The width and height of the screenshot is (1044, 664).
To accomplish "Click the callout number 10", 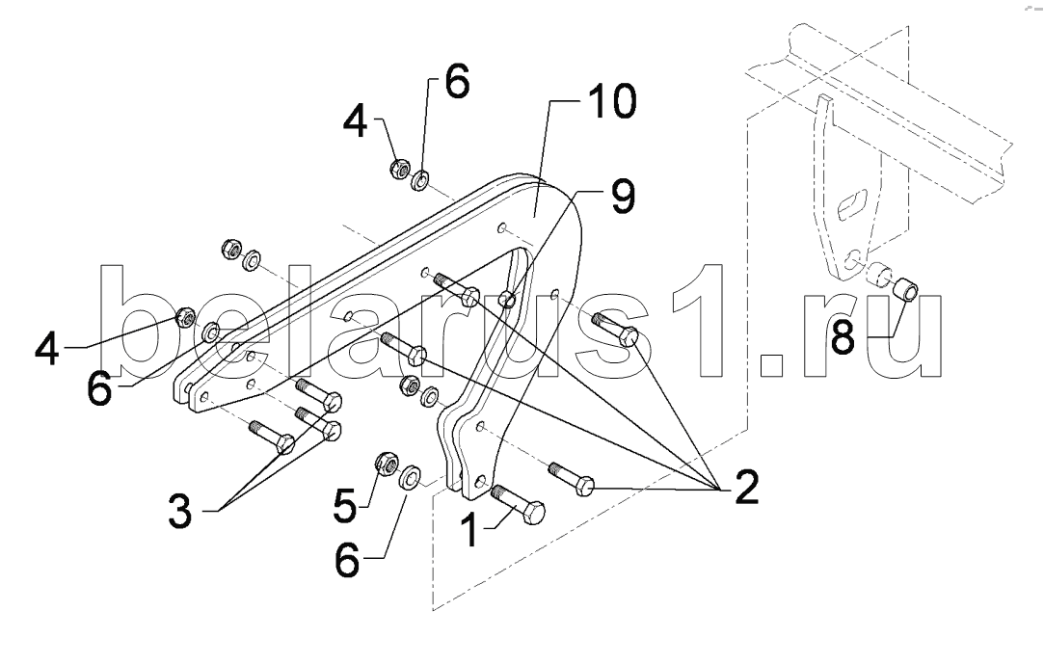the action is pyautogui.click(x=610, y=101).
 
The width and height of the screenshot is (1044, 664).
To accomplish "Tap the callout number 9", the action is pyautogui.click(x=622, y=197).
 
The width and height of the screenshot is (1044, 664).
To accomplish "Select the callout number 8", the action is pyautogui.click(x=843, y=336).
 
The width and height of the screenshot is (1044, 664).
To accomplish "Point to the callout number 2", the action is pyautogui.click(x=746, y=487).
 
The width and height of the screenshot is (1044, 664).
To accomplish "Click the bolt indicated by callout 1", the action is pyautogui.click(x=518, y=504).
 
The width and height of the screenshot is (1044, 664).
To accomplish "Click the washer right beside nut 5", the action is pyautogui.click(x=409, y=476).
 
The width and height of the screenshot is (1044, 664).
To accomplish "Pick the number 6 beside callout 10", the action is pyautogui.click(x=456, y=81).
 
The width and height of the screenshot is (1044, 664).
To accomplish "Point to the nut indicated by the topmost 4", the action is pyautogui.click(x=399, y=168).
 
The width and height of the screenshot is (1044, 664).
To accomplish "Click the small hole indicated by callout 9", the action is pyautogui.click(x=507, y=300).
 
